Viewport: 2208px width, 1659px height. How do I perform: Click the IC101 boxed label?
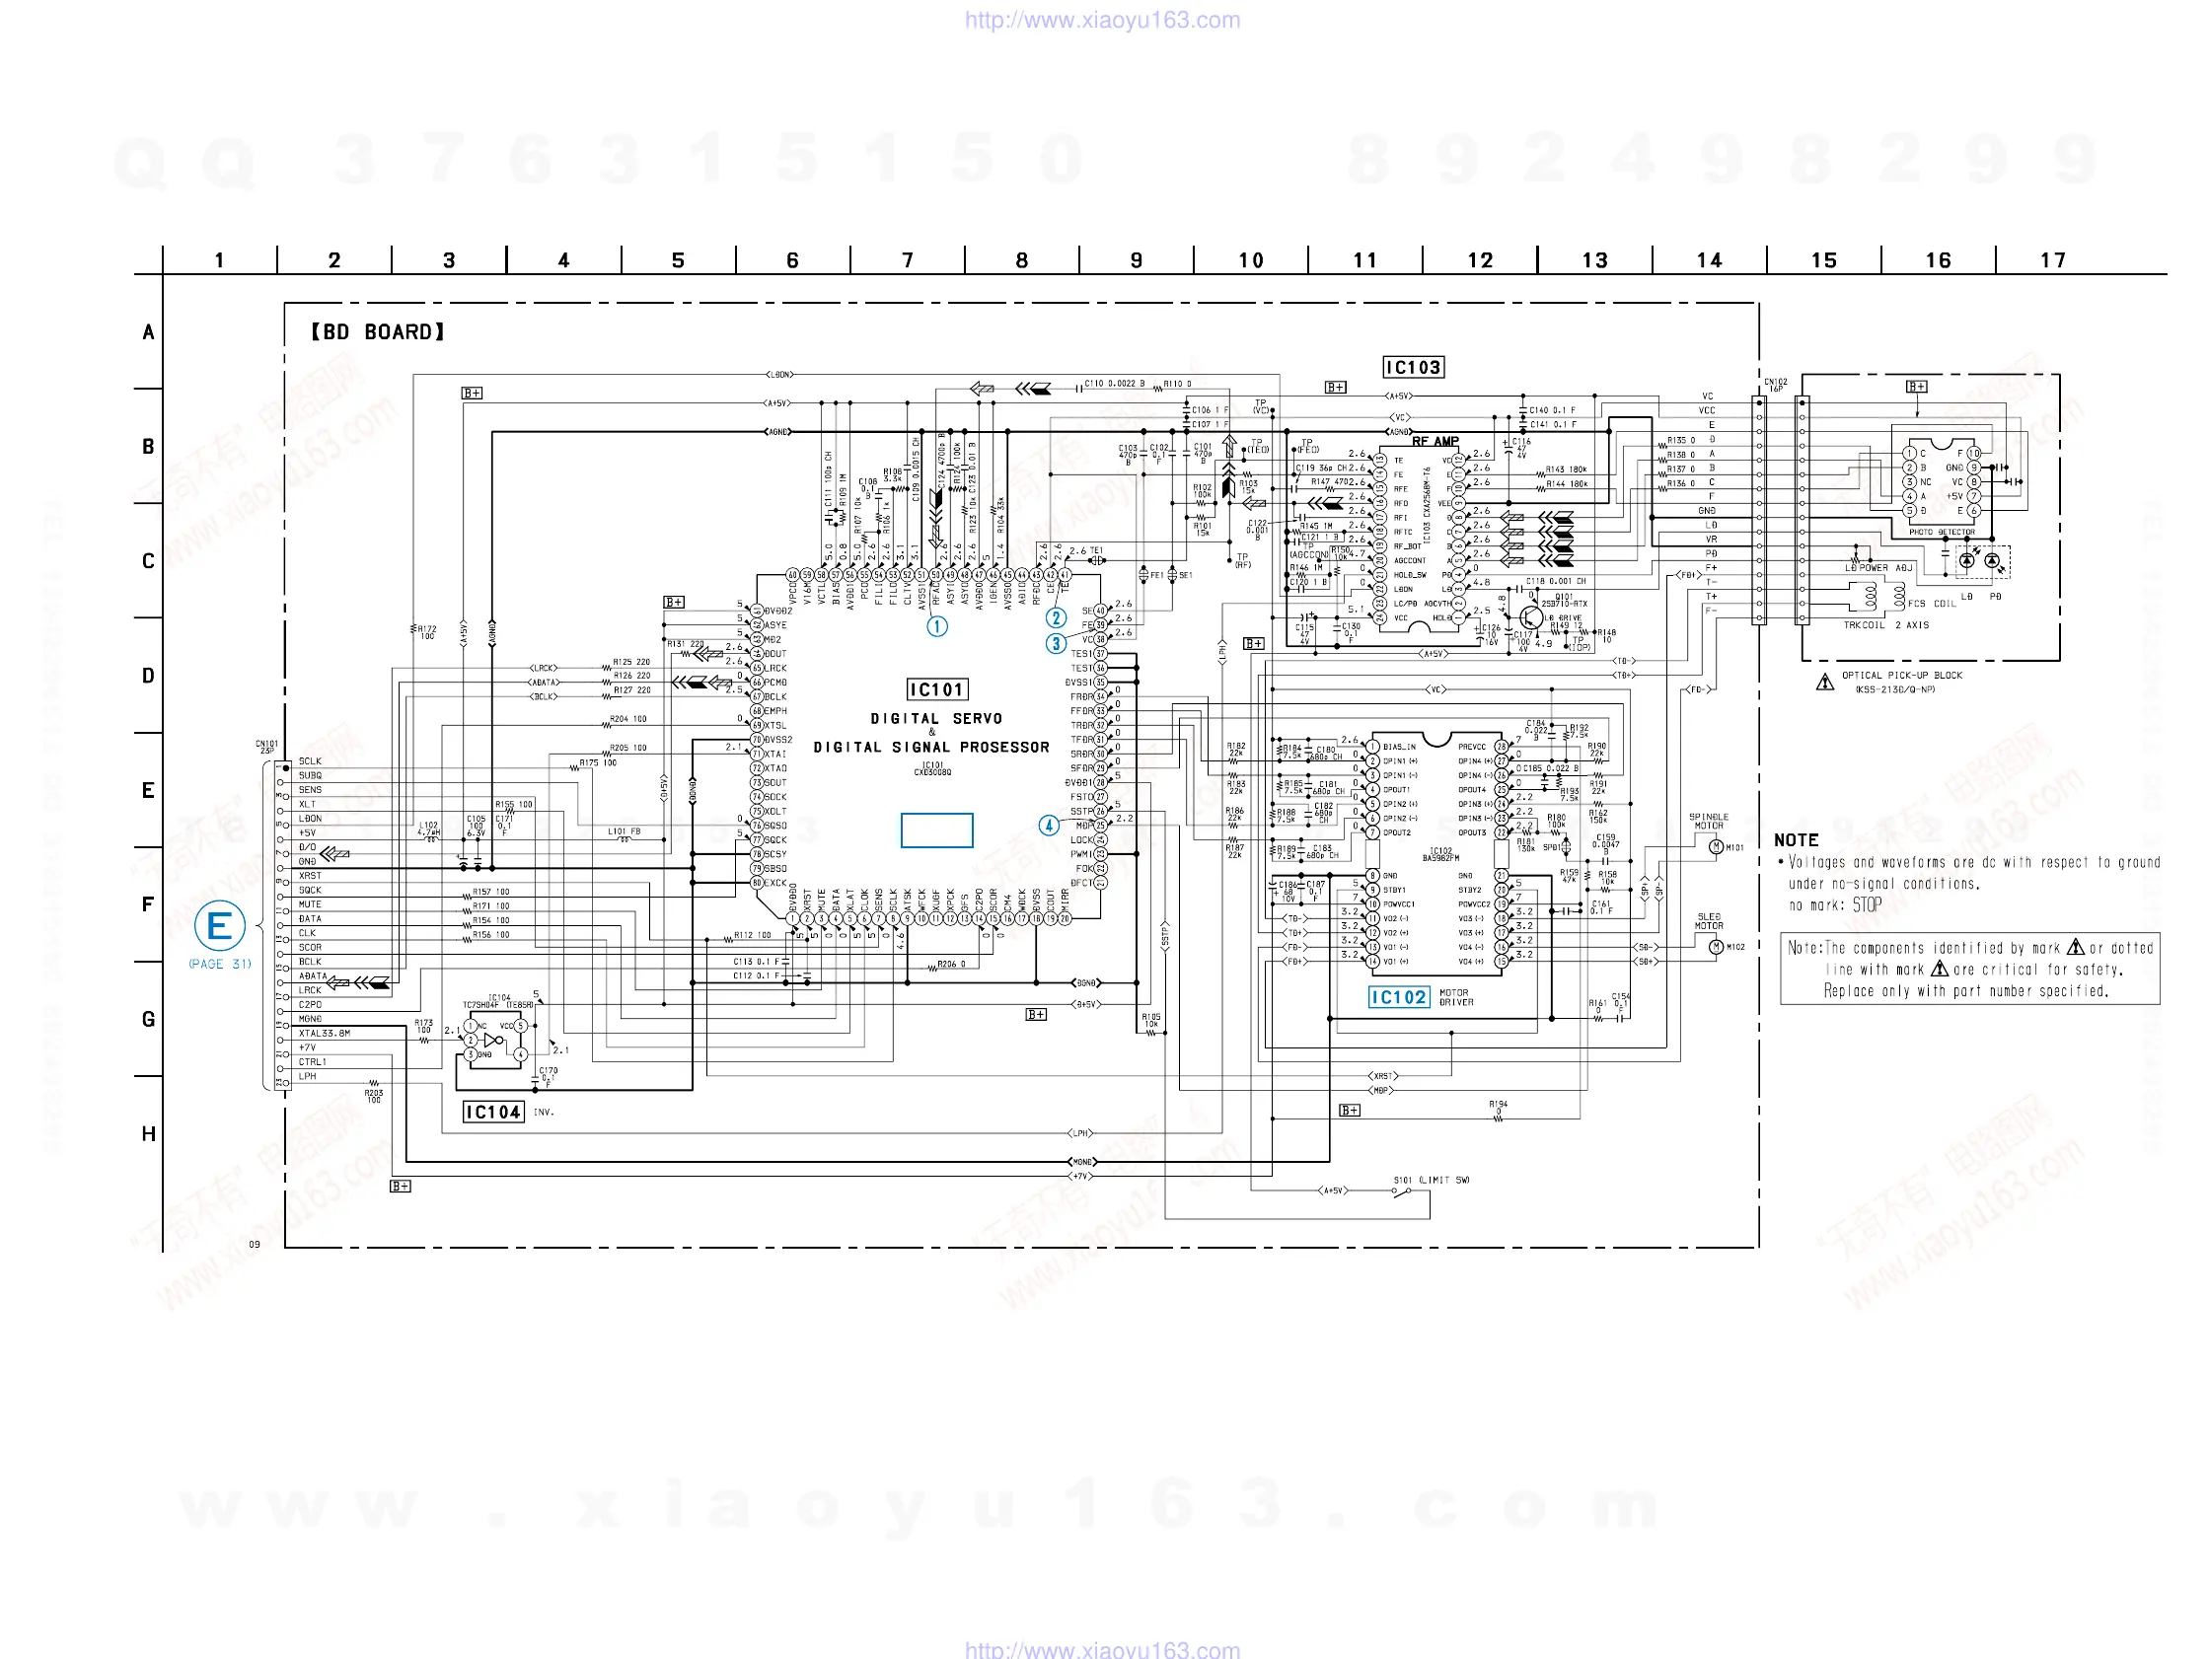[x=936, y=689]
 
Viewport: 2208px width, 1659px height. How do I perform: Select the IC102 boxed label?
[x=1397, y=997]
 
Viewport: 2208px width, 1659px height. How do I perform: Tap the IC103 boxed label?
[x=1413, y=367]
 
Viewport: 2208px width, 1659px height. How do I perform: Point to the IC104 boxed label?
[x=493, y=1112]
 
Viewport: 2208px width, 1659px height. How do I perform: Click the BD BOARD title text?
[x=377, y=331]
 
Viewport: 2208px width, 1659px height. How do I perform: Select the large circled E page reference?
[x=220, y=927]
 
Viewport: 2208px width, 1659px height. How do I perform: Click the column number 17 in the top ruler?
[x=2052, y=260]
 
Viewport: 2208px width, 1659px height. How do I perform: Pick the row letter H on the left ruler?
[x=148, y=1134]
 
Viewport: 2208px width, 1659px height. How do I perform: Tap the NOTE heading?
[x=1796, y=840]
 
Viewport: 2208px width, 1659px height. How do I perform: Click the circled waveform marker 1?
[x=936, y=627]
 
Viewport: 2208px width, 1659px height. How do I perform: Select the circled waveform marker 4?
[x=1048, y=826]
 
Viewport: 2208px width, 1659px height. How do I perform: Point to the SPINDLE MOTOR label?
[x=1708, y=822]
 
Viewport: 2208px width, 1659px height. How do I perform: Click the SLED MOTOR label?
[x=1708, y=920]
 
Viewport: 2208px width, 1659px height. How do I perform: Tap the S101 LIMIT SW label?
[x=1432, y=1180]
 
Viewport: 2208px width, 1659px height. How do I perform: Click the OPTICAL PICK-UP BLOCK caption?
[x=1901, y=676]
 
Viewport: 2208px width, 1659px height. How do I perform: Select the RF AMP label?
[x=1435, y=441]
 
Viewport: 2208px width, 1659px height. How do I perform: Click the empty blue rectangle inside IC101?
[x=936, y=830]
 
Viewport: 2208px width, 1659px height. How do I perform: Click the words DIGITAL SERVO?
[x=935, y=719]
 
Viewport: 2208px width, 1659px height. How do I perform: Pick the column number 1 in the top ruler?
[x=219, y=260]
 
